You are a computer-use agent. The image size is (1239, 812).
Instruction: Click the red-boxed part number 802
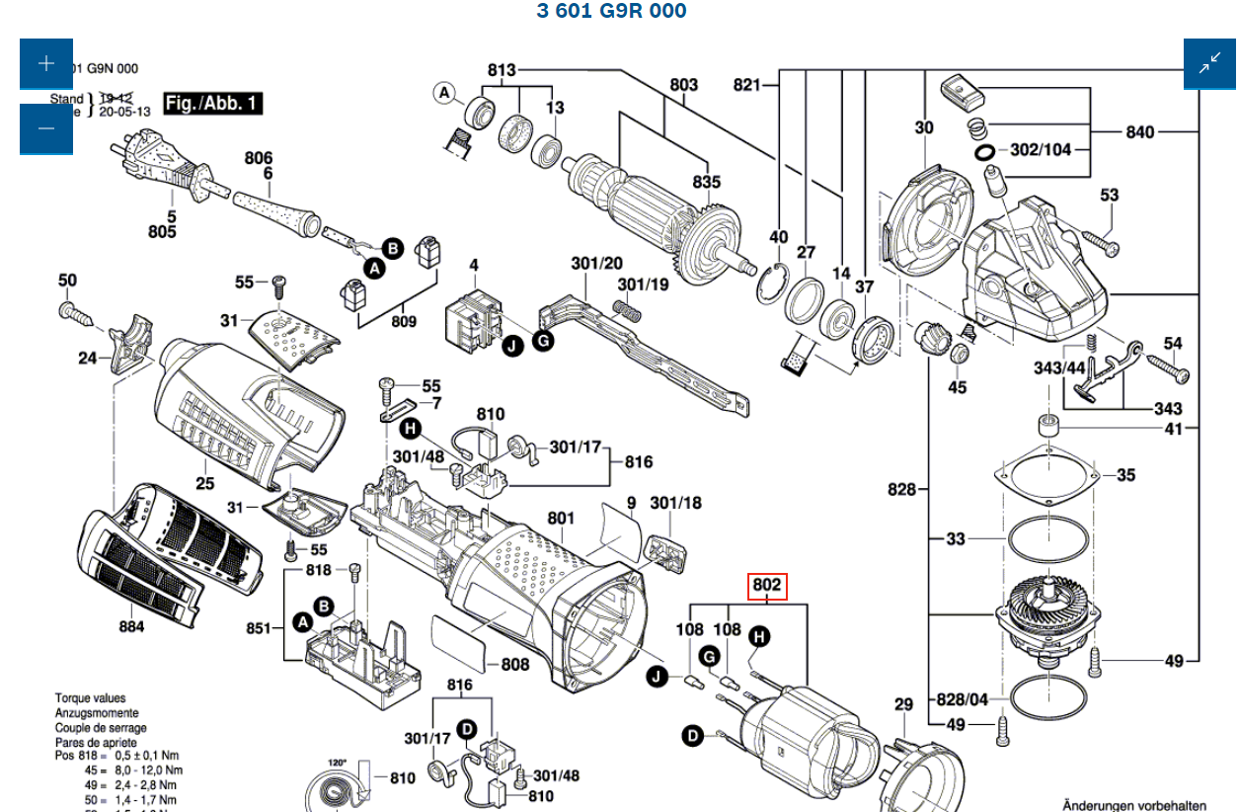(x=767, y=586)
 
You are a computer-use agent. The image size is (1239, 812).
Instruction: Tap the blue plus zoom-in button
(x=45, y=64)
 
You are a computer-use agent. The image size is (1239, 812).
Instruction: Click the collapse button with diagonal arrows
(x=1209, y=64)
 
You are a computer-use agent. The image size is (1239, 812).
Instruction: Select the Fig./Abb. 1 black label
(x=211, y=103)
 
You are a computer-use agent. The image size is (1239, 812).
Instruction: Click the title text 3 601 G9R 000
(x=611, y=11)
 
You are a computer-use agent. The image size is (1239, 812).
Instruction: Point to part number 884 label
(x=131, y=626)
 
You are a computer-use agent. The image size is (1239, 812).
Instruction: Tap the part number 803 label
(x=683, y=85)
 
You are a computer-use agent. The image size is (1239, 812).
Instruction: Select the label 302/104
(x=1041, y=150)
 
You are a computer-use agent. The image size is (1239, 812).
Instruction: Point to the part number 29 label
(x=903, y=704)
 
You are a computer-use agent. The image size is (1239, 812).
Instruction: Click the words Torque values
(x=90, y=698)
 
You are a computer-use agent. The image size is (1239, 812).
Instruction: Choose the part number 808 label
(x=515, y=664)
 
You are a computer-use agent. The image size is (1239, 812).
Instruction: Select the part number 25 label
(x=204, y=483)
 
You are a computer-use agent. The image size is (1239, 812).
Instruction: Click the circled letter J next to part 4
(x=511, y=346)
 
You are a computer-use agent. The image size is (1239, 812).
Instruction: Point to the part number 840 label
(x=1139, y=131)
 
